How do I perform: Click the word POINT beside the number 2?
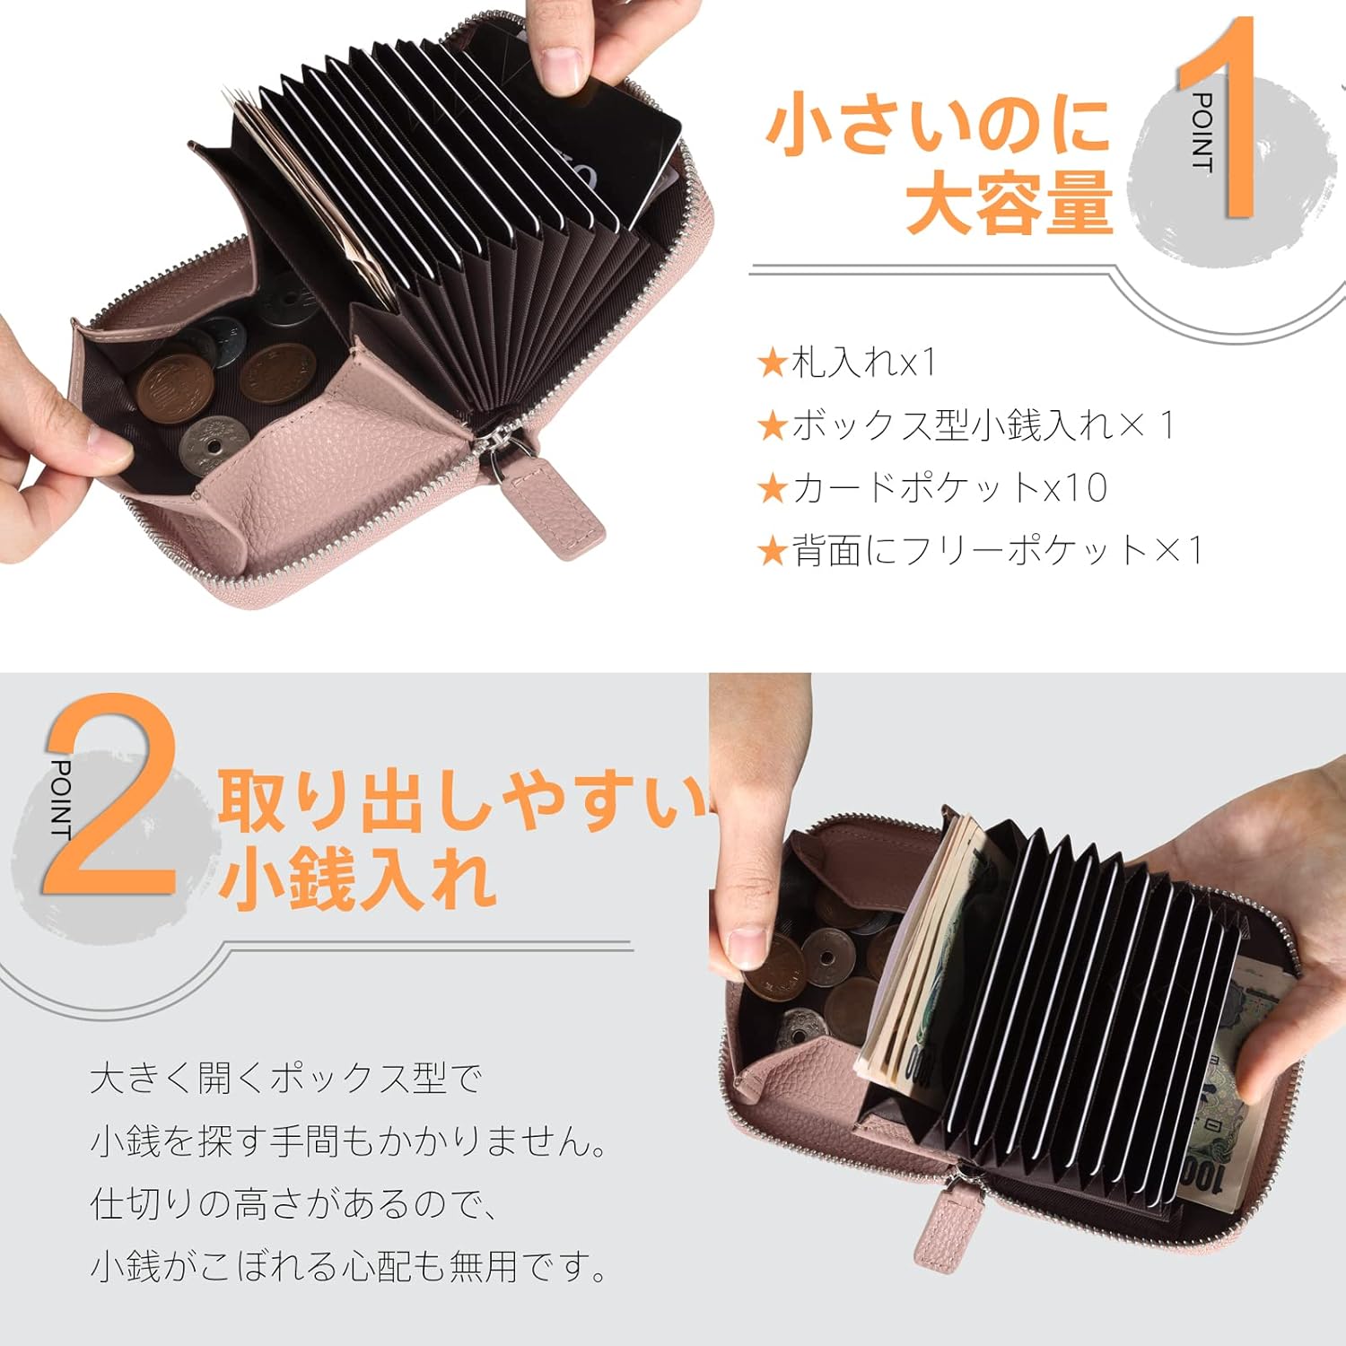[61, 799]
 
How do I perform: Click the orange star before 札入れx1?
[772, 363]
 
